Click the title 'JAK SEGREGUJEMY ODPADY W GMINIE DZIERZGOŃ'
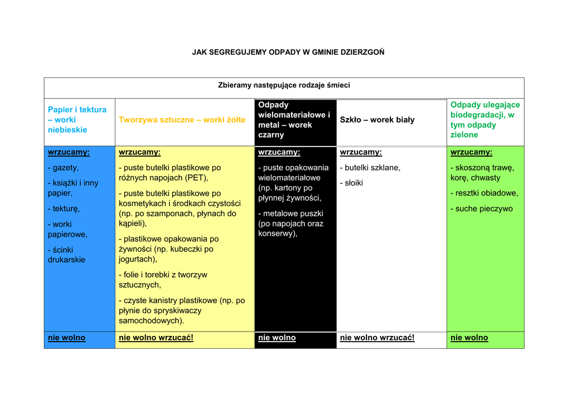(x=288, y=52)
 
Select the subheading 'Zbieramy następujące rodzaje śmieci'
(x=284, y=85)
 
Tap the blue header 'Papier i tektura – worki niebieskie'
(x=77, y=120)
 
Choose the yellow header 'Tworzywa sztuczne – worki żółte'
(x=182, y=120)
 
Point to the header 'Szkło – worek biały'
(x=377, y=120)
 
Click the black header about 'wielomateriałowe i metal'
(x=294, y=120)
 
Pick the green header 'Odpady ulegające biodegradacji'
(x=485, y=120)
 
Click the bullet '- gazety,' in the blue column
(x=63, y=168)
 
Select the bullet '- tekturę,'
(x=64, y=209)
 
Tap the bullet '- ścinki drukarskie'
(x=66, y=255)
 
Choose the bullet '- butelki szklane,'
(x=370, y=168)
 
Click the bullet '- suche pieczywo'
(x=481, y=209)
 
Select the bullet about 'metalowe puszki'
(x=291, y=223)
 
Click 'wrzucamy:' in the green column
(x=471, y=152)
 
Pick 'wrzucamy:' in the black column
(x=279, y=152)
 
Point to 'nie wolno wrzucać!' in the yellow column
(x=156, y=338)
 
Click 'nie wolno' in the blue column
(x=66, y=338)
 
